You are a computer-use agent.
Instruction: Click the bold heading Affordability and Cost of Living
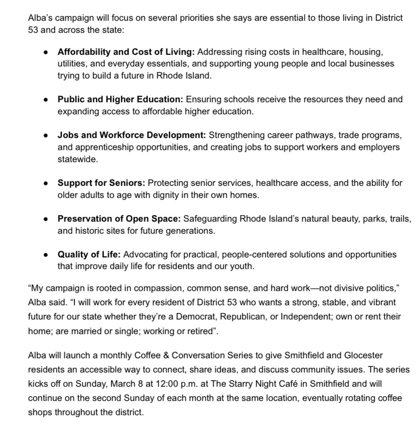pos(126,52)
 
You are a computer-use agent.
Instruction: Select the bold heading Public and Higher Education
pos(120,99)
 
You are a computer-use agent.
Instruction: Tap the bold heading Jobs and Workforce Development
pos(132,135)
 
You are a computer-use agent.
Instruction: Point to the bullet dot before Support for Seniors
pos(46,183)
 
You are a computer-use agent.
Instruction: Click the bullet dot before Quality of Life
pos(46,255)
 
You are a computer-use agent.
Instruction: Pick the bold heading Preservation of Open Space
pos(118,219)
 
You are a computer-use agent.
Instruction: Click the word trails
pos(401,219)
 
